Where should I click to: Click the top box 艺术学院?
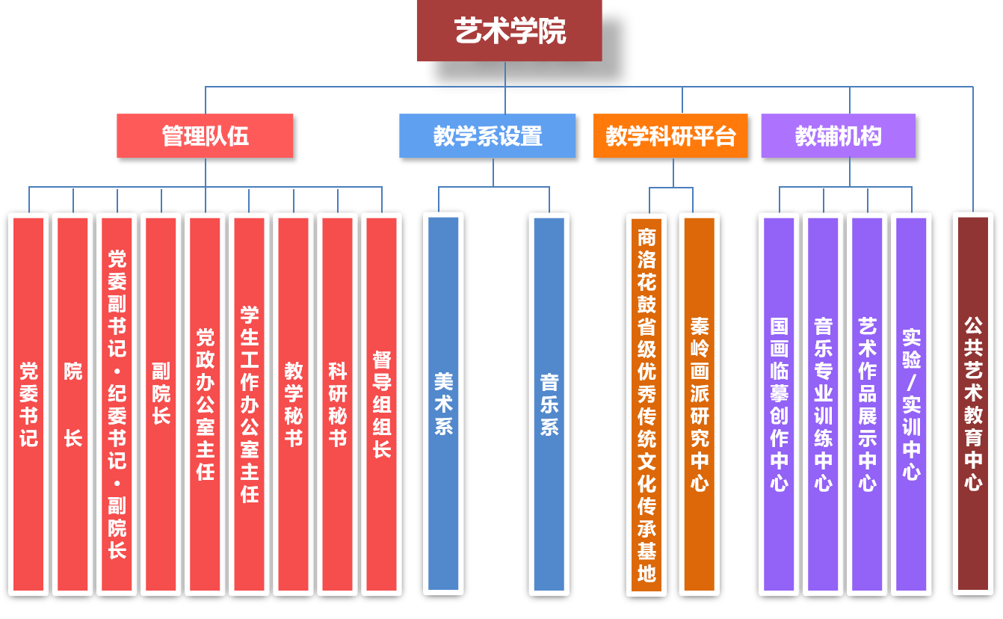pyautogui.click(x=509, y=31)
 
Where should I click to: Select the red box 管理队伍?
pyautogui.click(x=205, y=136)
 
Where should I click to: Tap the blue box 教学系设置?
pyautogui.click(x=487, y=136)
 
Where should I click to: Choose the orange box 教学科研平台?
pyautogui.click(x=670, y=136)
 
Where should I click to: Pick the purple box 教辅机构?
pyautogui.click(x=838, y=136)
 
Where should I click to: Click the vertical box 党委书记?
pyautogui.click(x=28, y=404)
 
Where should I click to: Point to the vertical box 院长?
pyautogui.click(x=72, y=404)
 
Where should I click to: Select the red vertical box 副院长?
pyautogui.click(x=161, y=404)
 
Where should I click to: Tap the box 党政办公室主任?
pyautogui.click(x=205, y=404)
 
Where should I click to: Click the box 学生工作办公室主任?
pyautogui.click(x=249, y=404)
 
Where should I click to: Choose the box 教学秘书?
pyautogui.click(x=293, y=404)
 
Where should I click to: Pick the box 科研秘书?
pyautogui.click(x=337, y=404)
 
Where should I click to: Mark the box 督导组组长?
pyautogui.click(x=381, y=404)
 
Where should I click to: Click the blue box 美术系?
pyautogui.click(x=443, y=404)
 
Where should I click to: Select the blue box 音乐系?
pyautogui.click(x=549, y=404)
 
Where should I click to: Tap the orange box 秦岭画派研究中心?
pyautogui.click(x=699, y=404)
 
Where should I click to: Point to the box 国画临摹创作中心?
pyautogui.click(x=779, y=404)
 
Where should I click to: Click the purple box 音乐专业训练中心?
pyautogui.click(x=823, y=404)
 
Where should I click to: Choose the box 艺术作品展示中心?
pyautogui.click(x=867, y=404)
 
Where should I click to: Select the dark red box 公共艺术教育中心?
pyautogui.click(x=972, y=404)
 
